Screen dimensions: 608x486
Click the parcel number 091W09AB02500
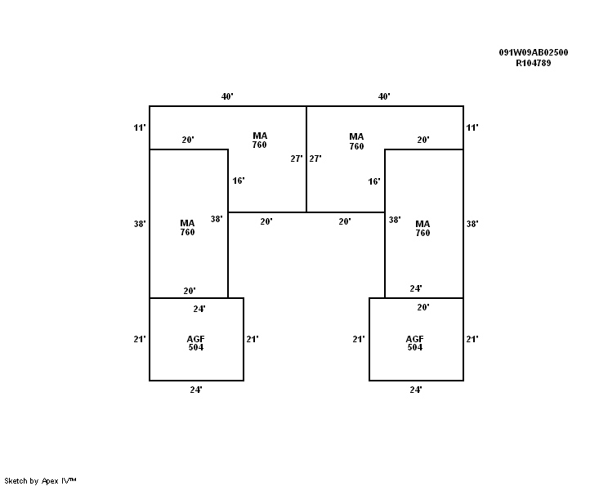coord(533,52)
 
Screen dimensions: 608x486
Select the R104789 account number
coord(533,63)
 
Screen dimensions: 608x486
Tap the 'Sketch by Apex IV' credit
coord(40,481)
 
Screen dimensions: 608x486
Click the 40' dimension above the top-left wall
coord(227,96)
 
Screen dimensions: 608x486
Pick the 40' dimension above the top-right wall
coord(384,96)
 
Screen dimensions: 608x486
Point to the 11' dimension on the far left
coord(140,127)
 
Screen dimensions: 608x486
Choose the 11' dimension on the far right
coord(472,127)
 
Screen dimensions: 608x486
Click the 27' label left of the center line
coord(297,158)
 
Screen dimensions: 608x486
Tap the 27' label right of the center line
coord(315,158)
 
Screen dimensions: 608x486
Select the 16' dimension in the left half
coord(239,181)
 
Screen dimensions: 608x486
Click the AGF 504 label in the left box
coord(196,343)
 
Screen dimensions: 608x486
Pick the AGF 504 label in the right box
coord(415,343)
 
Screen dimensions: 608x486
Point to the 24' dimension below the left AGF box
coord(196,390)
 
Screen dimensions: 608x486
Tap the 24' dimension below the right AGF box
coord(416,390)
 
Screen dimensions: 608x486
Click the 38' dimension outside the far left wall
coord(140,224)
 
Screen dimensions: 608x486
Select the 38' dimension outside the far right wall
coord(472,224)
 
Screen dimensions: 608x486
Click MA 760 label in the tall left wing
coord(187,228)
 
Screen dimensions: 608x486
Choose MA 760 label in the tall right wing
coord(422,228)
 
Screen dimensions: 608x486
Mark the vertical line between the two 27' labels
coord(306,159)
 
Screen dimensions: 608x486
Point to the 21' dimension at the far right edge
coord(472,339)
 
